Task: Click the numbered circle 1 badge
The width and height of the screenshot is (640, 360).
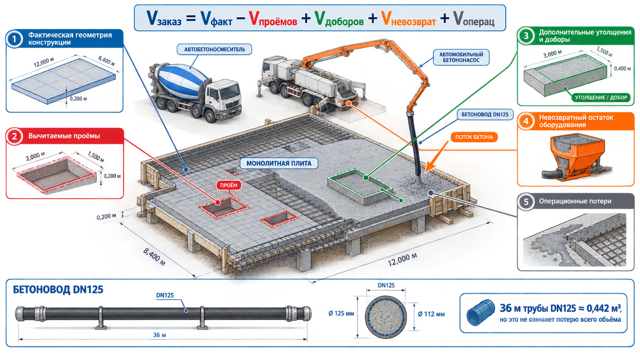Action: coord(14,39)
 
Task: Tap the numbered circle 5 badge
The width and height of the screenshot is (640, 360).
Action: coord(526,202)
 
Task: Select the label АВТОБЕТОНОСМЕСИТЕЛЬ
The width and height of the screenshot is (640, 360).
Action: coord(214,49)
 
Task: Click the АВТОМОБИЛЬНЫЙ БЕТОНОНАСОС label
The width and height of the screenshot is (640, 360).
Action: coord(461,57)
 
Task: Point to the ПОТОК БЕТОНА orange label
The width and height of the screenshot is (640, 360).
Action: coord(474,137)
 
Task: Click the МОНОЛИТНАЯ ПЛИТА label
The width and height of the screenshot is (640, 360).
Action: coord(279,163)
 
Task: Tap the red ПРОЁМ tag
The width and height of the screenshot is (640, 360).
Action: coord(229,185)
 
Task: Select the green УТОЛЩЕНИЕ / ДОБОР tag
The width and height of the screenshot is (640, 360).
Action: coord(601,98)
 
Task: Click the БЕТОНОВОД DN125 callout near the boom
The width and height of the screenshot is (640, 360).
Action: coord(485,114)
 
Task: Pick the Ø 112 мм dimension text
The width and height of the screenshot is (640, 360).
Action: coord(431,314)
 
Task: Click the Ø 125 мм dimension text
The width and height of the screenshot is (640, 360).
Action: coord(341,313)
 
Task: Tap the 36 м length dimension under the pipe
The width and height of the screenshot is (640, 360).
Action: coord(159,335)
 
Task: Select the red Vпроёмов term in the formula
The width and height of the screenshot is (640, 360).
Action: coord(273,18)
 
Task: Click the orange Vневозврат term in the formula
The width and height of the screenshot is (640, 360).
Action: coord(408,18)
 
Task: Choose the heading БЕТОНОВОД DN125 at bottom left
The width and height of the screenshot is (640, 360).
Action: coord(58,289)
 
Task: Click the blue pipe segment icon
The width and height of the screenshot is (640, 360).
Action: coord(480,312)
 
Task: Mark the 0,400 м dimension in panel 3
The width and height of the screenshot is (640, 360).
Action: coord(622,68)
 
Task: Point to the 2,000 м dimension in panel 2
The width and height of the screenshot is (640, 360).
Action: coord(35,156)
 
